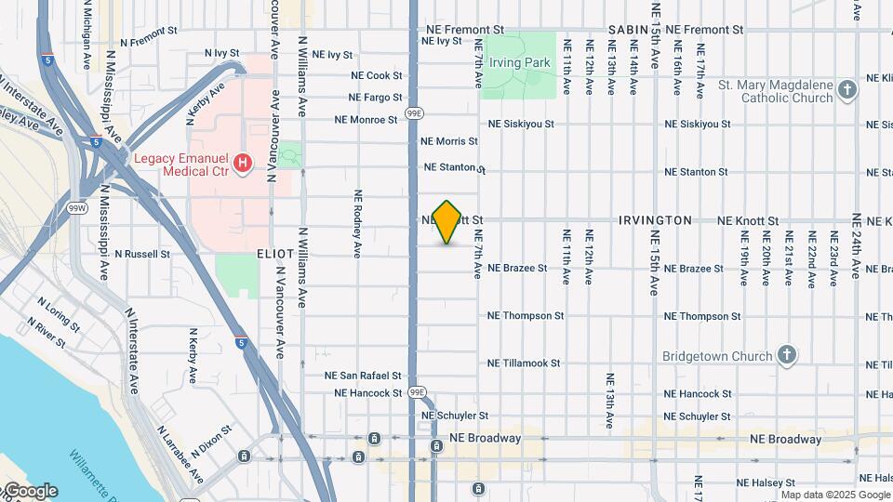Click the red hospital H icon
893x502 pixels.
(x=243, y=165)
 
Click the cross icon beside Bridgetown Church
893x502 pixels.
(x=786, y=355)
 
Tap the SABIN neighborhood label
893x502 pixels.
(x=628, y=30)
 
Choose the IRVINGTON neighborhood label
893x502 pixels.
(x=656, y=220)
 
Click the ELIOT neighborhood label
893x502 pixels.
(x=276, y=253)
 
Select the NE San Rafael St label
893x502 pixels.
(x=363, y=376)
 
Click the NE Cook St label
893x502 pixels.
(x=377, y=75)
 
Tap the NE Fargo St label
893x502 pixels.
(x=375, y=97)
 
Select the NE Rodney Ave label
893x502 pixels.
(x=357, y=223)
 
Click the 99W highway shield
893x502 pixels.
(x=78, y=207)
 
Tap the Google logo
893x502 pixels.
(x=30, y=491)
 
